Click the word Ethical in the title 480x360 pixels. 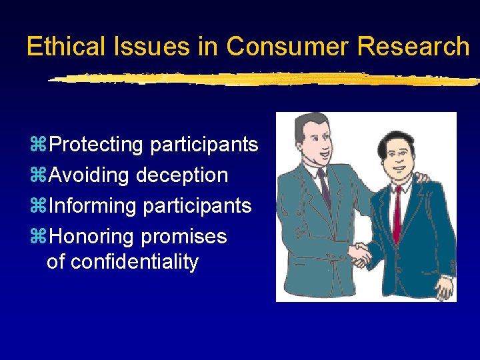tap(65, 47)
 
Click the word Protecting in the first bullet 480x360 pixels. tap(97, 145)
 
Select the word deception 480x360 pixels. tap(182, 176)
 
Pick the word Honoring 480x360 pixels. tap(93, 237)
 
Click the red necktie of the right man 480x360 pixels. tap(397, 213)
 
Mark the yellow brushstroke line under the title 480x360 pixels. tap(260, 79)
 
